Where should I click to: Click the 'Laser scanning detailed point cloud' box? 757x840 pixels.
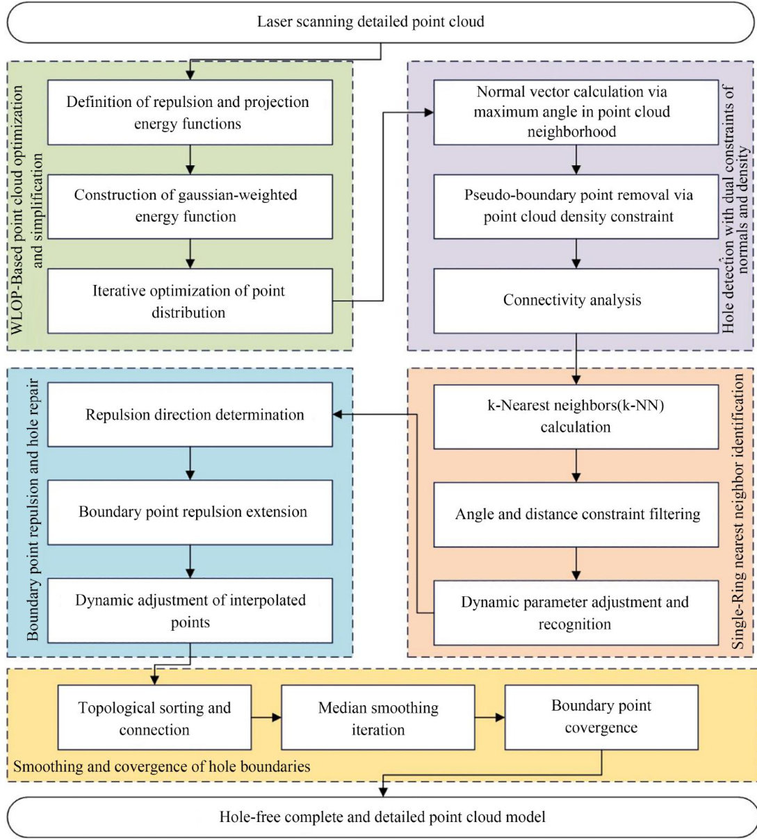(378, 22)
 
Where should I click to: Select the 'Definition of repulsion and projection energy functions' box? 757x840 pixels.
(188, 113)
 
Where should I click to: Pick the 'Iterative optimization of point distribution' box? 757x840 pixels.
(189, 301)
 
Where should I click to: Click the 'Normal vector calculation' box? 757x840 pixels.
(575, 112)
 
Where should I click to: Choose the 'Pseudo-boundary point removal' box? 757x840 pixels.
(575, 206)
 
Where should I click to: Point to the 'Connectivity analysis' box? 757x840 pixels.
(575, 300)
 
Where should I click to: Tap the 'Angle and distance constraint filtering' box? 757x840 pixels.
(575, 514)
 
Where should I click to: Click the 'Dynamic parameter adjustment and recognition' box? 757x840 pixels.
(575, 612)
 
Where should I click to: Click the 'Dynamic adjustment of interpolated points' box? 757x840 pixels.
(190, 611)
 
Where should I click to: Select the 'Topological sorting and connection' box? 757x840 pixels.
(154, 718)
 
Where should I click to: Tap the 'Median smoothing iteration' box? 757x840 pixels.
(378, 718)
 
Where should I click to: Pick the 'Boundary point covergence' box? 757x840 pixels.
(601, 716)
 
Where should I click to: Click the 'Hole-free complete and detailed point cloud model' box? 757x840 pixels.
(381, 816)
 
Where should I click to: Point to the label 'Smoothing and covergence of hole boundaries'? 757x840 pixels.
(162, 767)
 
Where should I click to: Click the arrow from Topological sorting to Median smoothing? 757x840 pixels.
(266, 718)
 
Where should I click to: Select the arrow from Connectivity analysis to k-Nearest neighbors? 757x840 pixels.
(576, 359)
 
